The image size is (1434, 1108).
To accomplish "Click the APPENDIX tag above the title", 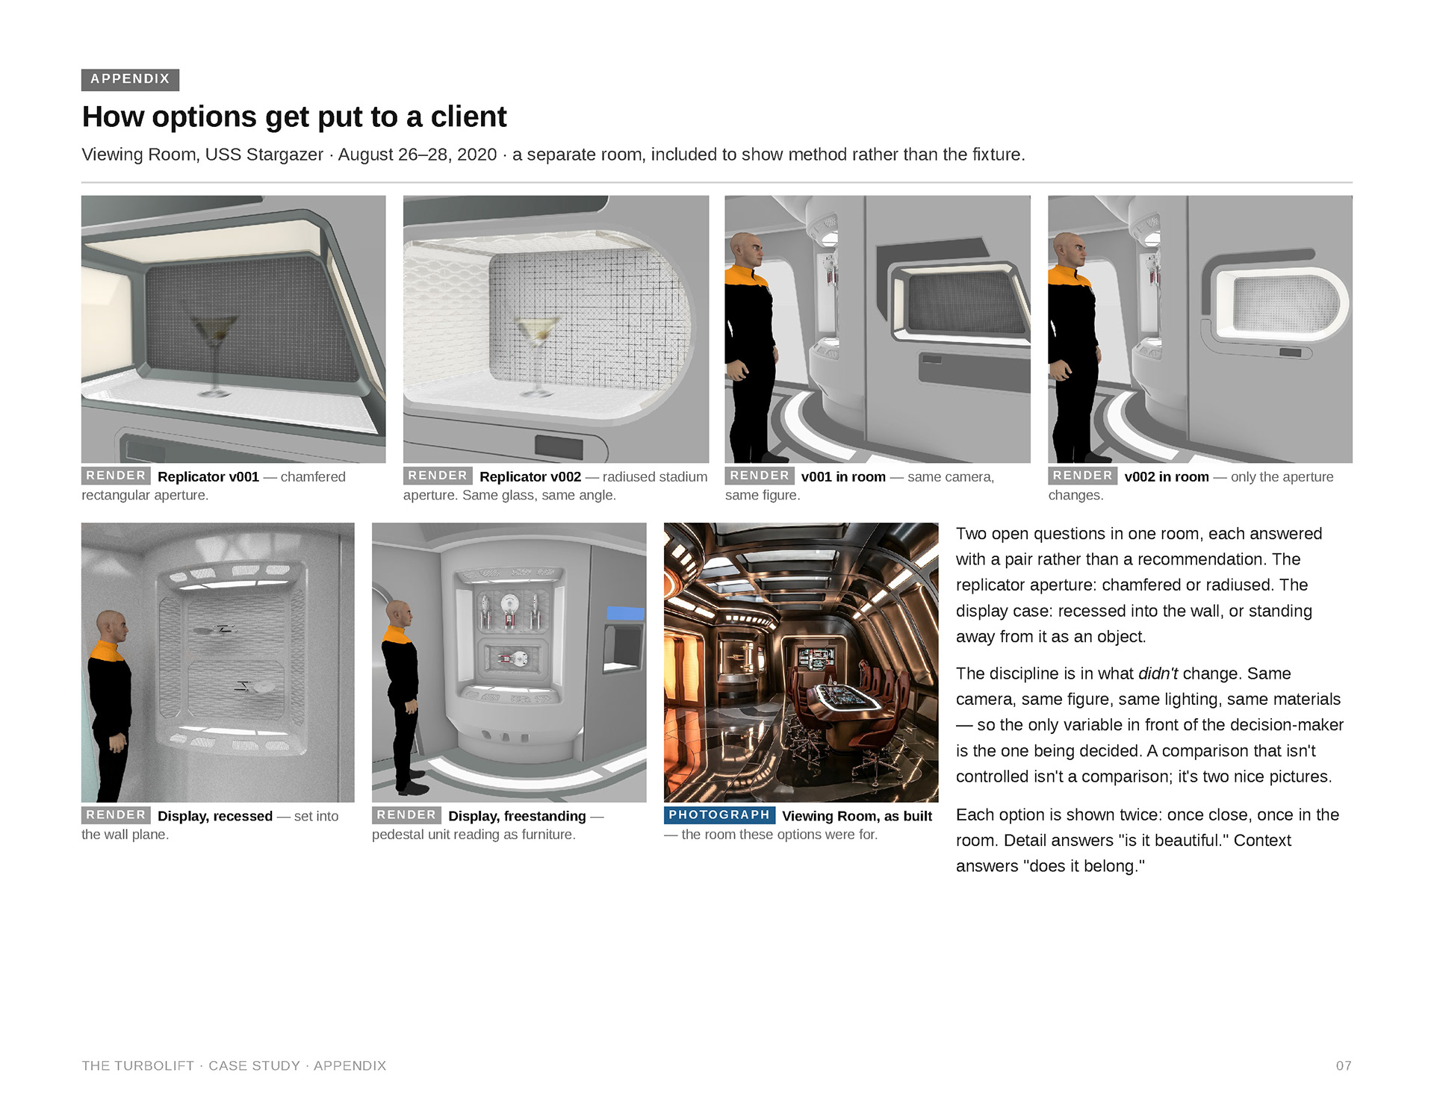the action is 130,79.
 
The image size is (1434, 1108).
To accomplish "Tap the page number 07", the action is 1344,1065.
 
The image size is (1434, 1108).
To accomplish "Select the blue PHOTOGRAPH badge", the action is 719,815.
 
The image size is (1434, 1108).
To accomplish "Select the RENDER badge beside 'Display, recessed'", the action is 116,815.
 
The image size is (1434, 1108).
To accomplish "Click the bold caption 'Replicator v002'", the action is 530,477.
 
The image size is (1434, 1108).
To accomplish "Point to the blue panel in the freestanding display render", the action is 625,613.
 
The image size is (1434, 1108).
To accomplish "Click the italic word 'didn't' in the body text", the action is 1158,673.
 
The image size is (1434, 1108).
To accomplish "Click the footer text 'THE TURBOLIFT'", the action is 138,1065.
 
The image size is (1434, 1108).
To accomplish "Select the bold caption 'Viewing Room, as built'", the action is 857,816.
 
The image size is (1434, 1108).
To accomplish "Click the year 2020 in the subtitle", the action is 477,155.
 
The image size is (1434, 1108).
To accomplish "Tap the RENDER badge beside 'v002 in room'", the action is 1082,476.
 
